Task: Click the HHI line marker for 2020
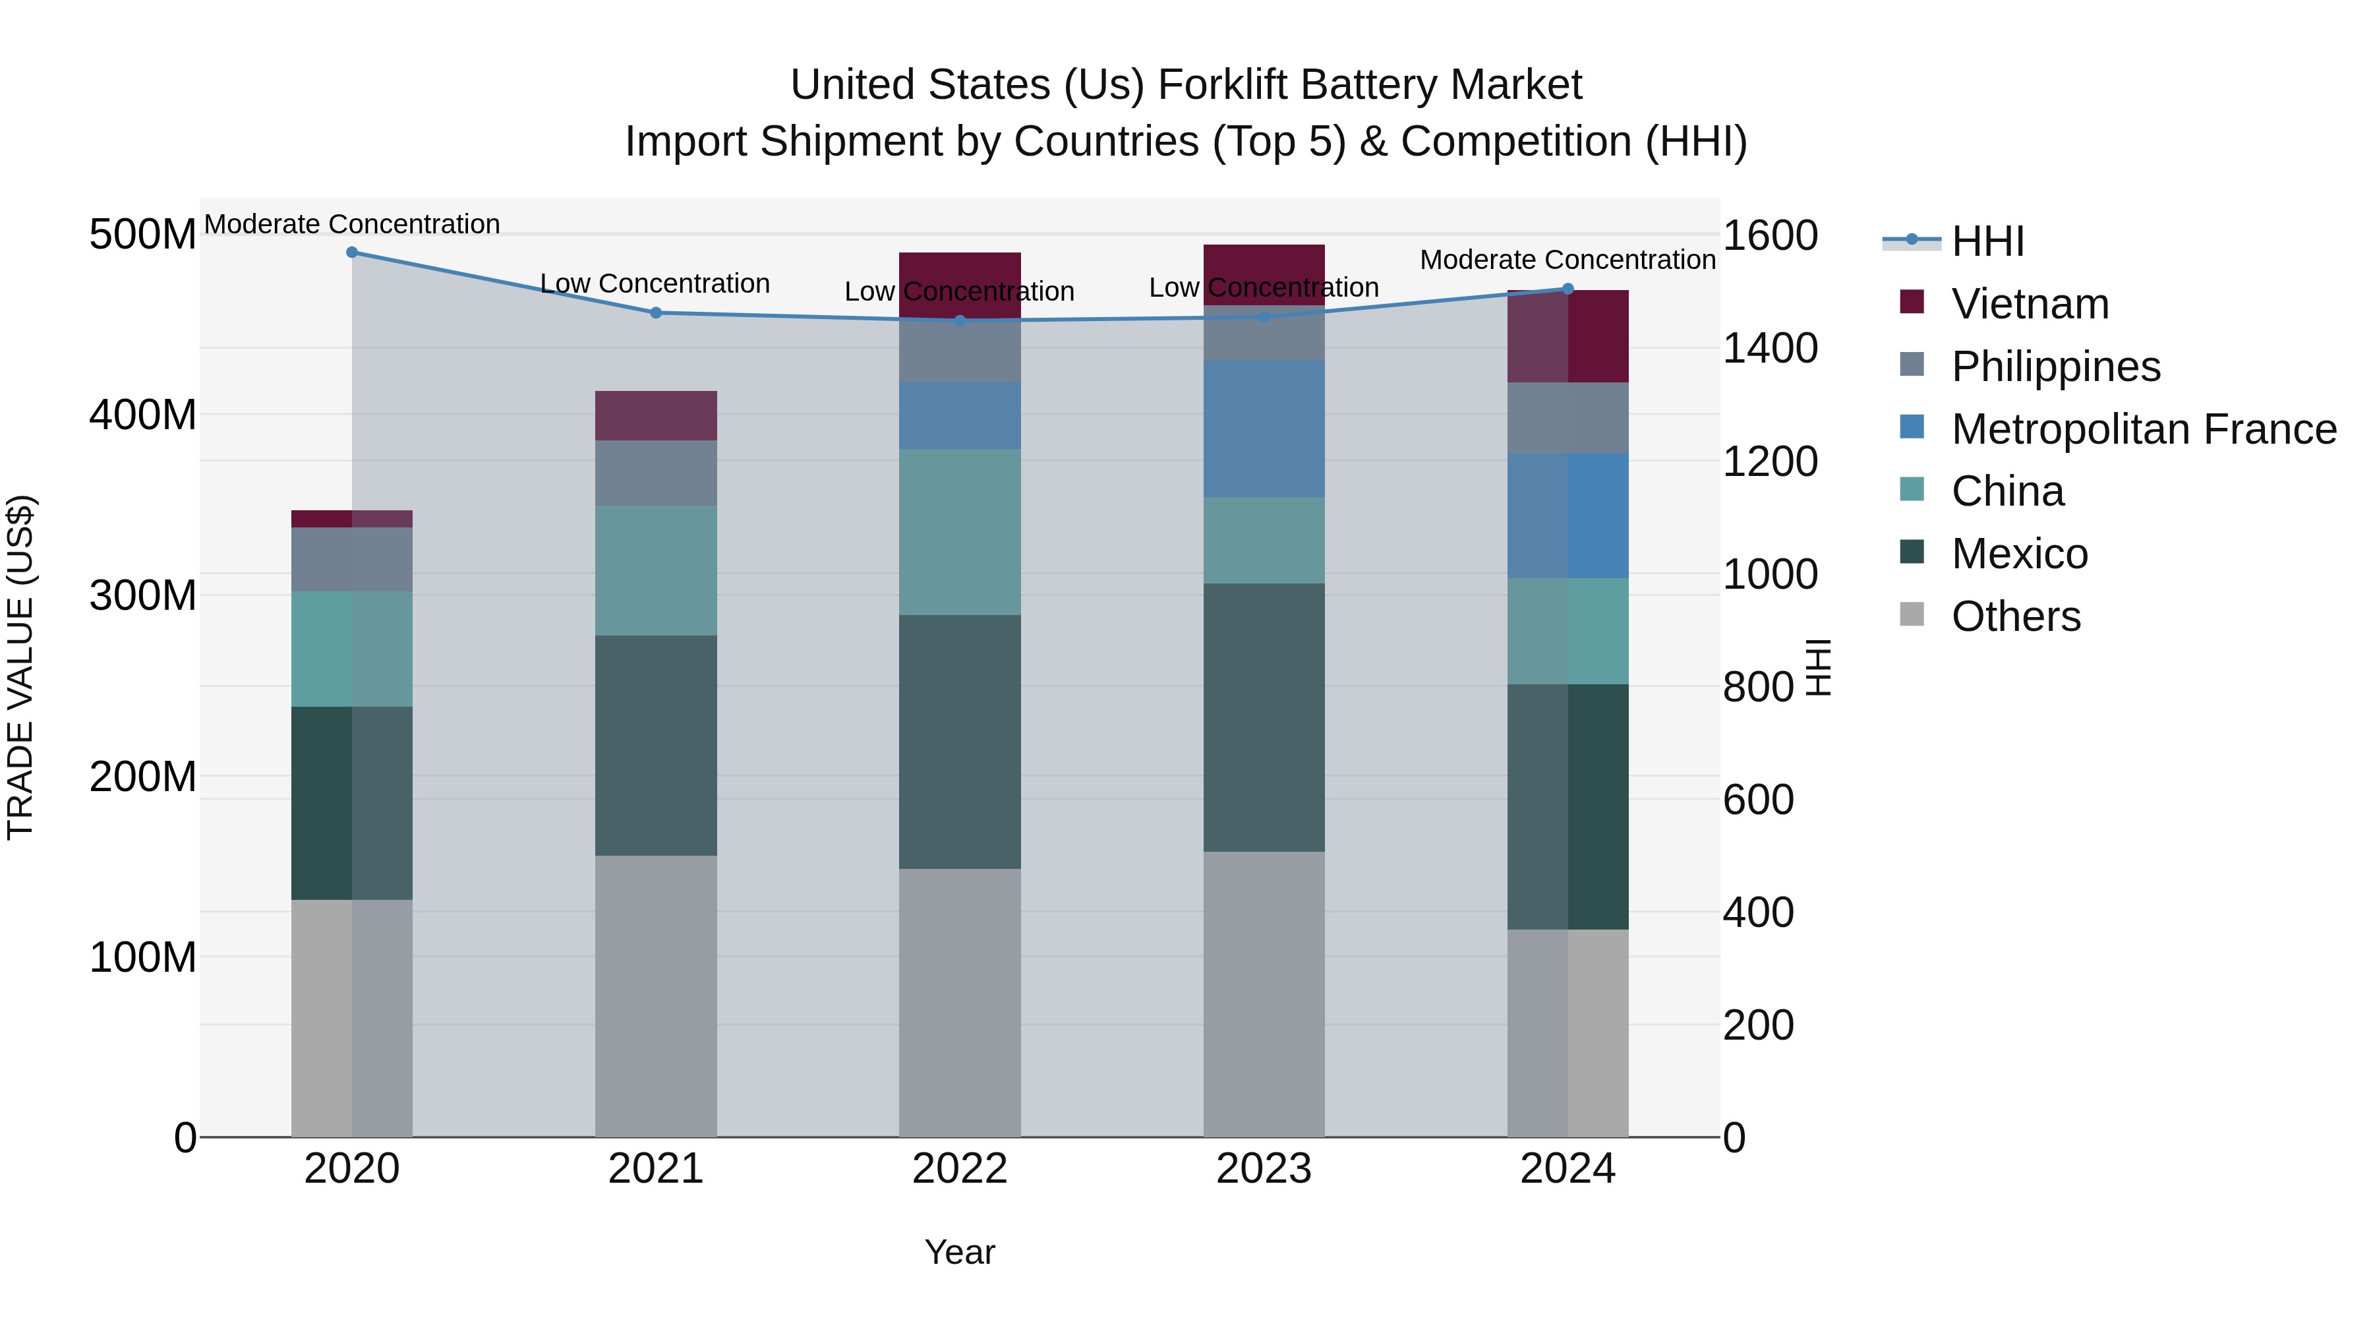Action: [x=352, y=252]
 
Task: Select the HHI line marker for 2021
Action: [x=656, y=313]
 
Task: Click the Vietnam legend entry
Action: [x=2030, y=304]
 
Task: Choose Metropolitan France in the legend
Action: [x=2143, y=429]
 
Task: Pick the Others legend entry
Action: [x=2016, y=616]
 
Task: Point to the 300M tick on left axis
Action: [x=143, y=595]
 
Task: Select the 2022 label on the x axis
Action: [x=959, y=1169]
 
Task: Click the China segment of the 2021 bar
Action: [x=656, y=570]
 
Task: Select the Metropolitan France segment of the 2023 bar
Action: [x=1264, y=429]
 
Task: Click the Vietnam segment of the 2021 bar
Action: [x=656, y=415]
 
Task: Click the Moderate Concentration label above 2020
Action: [x=352, y=224]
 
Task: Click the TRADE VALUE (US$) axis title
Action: [x=20, y=667]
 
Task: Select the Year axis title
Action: [x=959, y=1252]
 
